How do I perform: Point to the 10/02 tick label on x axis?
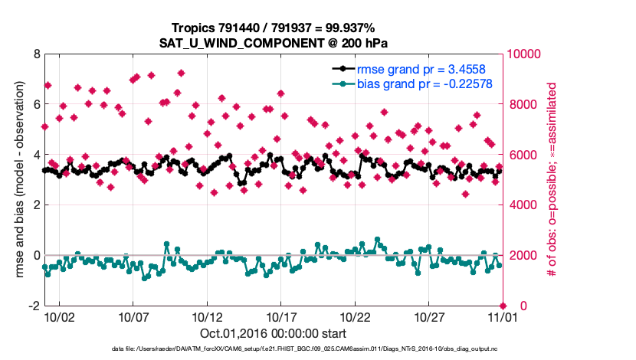point(60,316)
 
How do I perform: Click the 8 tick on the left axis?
point(36,54)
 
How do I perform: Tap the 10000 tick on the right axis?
point(525,54)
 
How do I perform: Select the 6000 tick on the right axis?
point(522,155)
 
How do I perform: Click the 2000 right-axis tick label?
point(522,255)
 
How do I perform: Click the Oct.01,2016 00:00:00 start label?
point(274,334)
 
